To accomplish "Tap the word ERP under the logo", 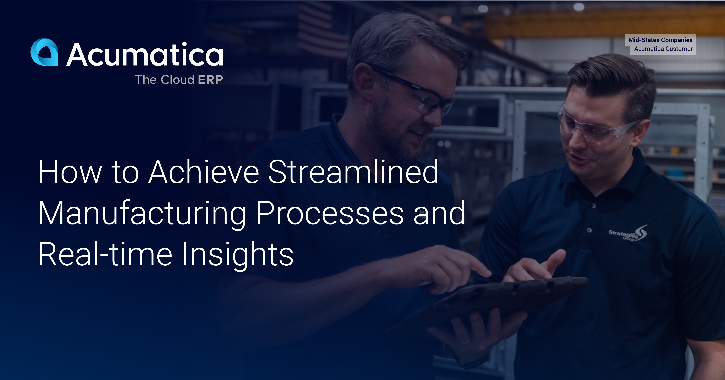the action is pos(210,80).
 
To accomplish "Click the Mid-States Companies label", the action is pos(660,40).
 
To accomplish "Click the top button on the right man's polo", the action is pos(593,206).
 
